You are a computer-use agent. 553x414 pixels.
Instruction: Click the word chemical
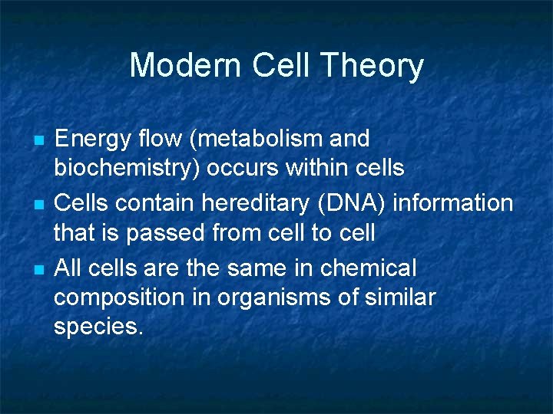point(368,268)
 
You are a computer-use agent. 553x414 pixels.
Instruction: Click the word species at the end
point(98,326)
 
